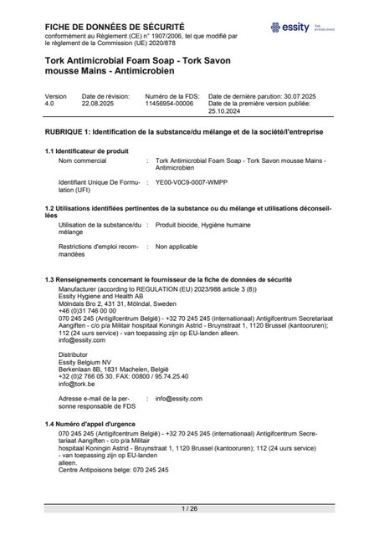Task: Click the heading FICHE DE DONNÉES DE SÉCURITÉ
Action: tap(115, 27)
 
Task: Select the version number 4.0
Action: tap(50, 104)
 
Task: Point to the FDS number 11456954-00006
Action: tap(169, 104)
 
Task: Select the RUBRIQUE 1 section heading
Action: tap(184, 133)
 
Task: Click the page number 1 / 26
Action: tap(189, 508)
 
